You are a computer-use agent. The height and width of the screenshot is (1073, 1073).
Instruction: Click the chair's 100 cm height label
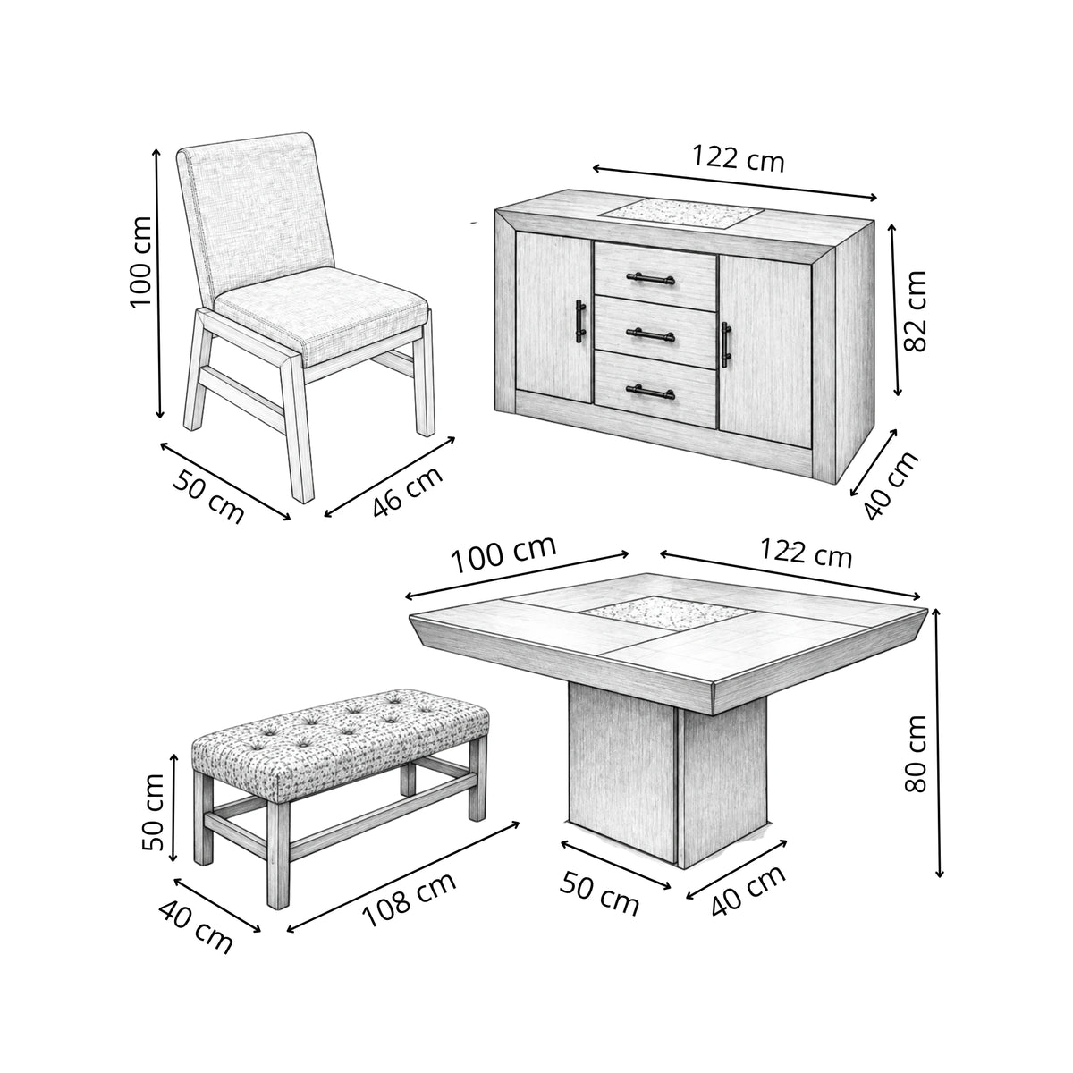[x=141, y=261]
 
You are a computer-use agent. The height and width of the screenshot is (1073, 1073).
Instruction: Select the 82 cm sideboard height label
[x=915, y=310]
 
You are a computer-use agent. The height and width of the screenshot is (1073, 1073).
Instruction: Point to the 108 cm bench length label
[x=410, y=900]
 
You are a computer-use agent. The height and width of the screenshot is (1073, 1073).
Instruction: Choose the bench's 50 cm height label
[x=153, y=812]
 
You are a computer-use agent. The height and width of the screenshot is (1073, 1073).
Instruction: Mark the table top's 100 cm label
[x=503, y=554]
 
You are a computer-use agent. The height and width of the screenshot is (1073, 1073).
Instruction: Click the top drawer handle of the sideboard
[x=650, y=278]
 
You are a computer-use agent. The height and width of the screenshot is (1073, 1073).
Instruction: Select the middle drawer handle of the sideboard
[x=650, y=334]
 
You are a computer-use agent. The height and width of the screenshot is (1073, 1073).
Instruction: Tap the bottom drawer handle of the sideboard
[x=650, y=393]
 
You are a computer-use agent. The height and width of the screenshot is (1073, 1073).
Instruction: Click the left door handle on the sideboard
[x=580, y=321]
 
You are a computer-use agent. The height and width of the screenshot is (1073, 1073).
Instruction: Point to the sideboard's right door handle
[x=725, y=344]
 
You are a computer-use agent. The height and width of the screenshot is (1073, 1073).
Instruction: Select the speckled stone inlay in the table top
[x=668, y=613]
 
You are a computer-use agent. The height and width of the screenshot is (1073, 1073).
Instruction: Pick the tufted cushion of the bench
[x=341, y=741]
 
